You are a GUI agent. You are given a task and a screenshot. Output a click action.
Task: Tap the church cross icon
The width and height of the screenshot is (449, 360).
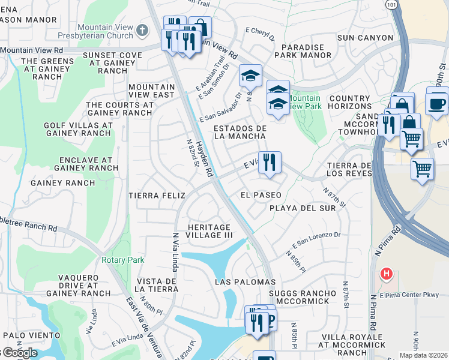[142, 29]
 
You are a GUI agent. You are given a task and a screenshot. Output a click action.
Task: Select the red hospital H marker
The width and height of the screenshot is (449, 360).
[387, 274]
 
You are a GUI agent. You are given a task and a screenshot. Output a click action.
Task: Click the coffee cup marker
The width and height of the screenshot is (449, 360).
[436, 103]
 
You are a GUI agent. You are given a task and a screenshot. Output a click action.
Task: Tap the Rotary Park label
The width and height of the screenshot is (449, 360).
[122, 260]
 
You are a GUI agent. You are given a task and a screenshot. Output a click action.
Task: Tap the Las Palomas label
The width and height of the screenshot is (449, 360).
[246, 281]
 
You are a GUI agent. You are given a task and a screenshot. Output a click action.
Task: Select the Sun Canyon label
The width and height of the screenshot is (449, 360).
[365, 38]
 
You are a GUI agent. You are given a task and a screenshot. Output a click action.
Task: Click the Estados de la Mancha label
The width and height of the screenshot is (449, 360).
[240, 132]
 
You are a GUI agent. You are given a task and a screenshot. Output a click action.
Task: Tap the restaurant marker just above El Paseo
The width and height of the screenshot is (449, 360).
[270, 162]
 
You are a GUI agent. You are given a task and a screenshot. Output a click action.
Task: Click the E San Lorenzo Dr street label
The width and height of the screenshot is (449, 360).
[316, 240]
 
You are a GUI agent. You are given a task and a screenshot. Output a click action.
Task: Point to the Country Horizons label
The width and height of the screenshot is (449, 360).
[350, 103]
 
